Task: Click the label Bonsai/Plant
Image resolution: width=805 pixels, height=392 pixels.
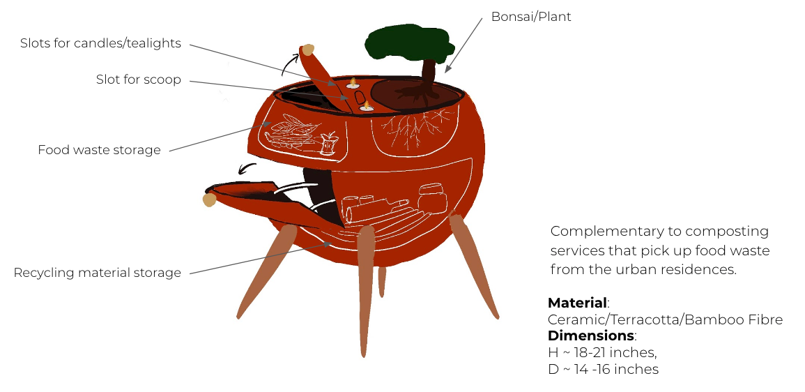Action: click(x=531, y=16)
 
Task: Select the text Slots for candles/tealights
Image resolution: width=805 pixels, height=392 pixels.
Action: click(x=100, y=43)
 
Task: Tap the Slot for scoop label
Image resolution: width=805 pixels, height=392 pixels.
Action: click(x=138, y=80)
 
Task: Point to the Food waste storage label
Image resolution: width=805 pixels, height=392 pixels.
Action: click(x=99, y=150)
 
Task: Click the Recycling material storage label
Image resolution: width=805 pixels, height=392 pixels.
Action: click(x=97, y=273)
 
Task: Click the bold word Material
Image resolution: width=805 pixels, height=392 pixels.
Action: click(x=577, y=303)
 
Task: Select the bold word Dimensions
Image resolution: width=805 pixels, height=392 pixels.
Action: click(x=591, y=336)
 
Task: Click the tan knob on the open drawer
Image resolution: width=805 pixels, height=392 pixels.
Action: click(x=209, y=201)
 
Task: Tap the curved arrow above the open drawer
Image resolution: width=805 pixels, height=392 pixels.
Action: click(x=247, y=167)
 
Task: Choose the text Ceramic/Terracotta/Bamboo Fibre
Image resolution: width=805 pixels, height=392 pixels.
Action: click(x=665, y=320)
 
